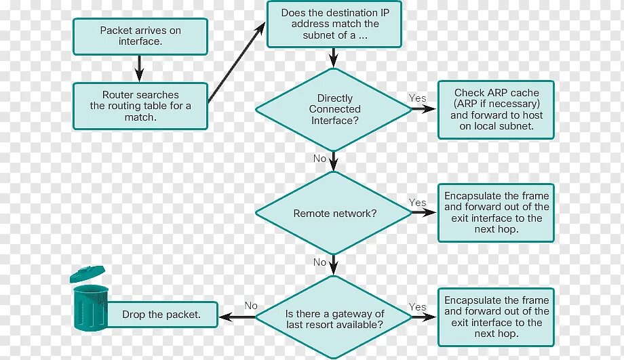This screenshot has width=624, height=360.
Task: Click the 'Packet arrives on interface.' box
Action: (x=140, y=36)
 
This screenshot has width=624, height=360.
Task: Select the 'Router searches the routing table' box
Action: (x=140, y=106)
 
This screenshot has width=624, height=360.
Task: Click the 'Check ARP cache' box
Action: (x=496, y=109)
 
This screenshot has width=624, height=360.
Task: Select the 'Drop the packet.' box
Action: (x=161, y=315)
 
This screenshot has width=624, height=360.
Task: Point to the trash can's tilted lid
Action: (x=87, y=274)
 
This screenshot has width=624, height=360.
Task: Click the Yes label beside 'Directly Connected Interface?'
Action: (x=418, y=98)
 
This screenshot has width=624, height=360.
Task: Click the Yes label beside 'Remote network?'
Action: (x=418, y=203)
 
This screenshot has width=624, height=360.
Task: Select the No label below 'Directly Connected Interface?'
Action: (x=319, y=159)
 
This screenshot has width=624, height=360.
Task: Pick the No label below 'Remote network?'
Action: (x=319, y=262)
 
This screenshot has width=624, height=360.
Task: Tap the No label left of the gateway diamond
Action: (x=251, y=306)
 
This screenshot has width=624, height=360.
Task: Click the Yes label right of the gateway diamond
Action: (x=418, y=307)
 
